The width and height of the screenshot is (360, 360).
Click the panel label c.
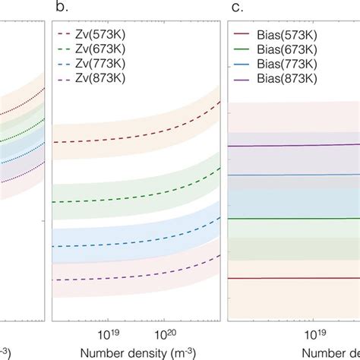click(236, 9)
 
